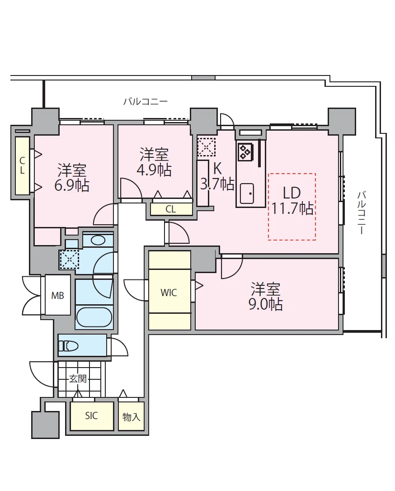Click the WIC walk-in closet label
[169, 293]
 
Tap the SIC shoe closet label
[91, 416]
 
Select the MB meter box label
[57, 295]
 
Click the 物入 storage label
[131, 417]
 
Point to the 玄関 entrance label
[78, 379]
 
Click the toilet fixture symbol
[68, 346]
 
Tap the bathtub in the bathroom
[94, 317]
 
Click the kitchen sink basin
[247, 193]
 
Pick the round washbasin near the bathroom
[99, 241]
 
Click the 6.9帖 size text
[72, 185]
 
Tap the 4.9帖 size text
[154, 170]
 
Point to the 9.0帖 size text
[265, 304]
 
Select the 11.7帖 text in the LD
[292, 208]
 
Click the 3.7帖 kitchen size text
[217, 184]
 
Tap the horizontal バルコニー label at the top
[146, 101]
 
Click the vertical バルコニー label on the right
[362, 213]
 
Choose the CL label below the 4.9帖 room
[170, 209]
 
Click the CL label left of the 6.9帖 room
[22, 165]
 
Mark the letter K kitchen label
[217, 169]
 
